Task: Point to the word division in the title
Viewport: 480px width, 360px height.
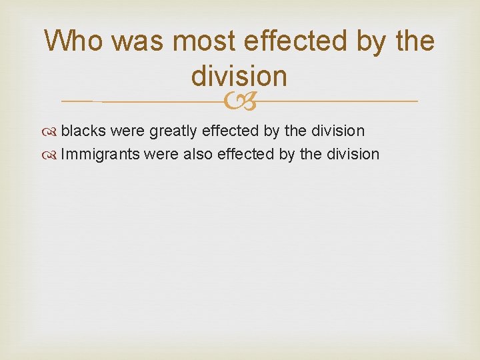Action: click(239, 76)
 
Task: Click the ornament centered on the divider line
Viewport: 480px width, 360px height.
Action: click(239, 101)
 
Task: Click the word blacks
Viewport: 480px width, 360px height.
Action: click(83, 131)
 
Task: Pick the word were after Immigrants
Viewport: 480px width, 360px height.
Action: click(160, 154)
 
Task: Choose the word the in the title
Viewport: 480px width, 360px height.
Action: click(415, 42)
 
